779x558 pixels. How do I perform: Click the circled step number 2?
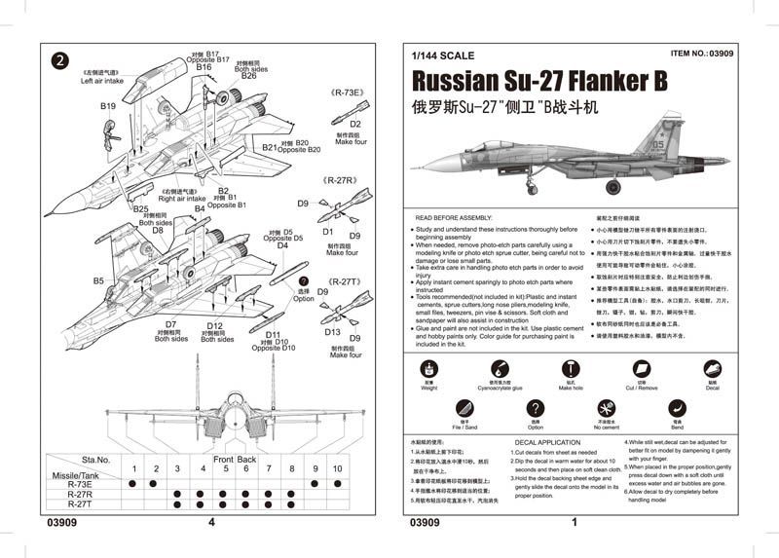(59, 59)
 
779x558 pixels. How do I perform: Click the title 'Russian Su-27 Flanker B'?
(539, 82)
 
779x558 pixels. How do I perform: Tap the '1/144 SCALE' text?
(442, 56)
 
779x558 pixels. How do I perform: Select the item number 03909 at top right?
(703, 56)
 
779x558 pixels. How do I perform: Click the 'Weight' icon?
(428, 368)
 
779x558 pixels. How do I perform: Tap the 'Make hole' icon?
(572, 368)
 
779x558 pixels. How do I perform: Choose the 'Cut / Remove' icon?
(642, 368)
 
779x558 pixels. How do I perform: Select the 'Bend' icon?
(676, 409)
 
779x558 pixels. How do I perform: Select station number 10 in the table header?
(337, 469)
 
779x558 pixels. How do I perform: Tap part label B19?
(108, 106)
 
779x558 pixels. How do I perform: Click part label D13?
(333, 332)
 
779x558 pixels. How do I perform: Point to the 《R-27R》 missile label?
(342, 181)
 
